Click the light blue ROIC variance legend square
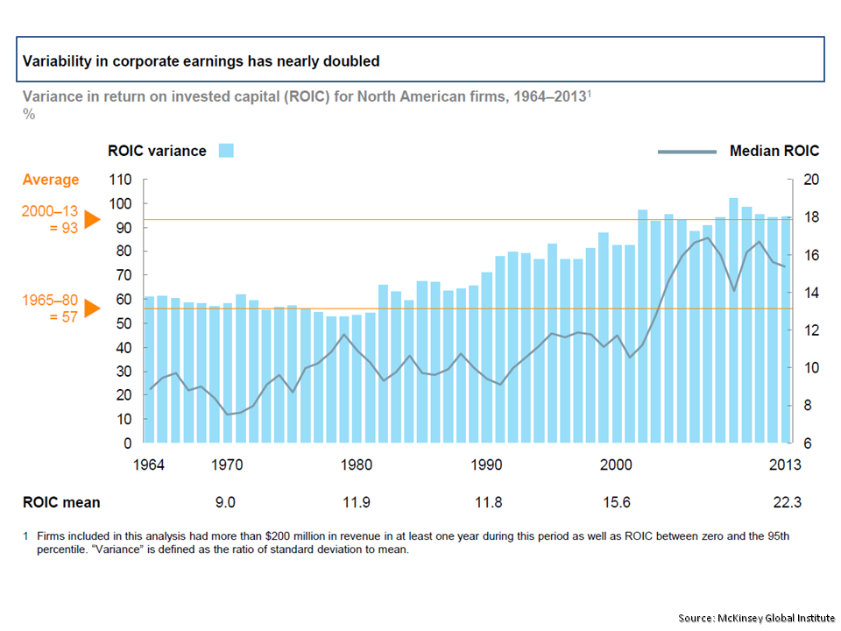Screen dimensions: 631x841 pyautogui.click(x=226, y=151)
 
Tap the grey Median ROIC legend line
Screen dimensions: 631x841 pyautogui.click(x=687, y=152)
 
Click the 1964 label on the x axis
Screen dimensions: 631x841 pyautogui.click(x=151, y=465)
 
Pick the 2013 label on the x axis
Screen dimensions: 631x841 pyautogui.click(x=785, y=465)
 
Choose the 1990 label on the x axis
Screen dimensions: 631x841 pyautogui.click(x=486, y=465)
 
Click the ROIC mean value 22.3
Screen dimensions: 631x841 pyautogui.click(x=785, y=503)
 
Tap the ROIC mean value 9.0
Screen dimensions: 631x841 pyautogui.click(x=226, y=503)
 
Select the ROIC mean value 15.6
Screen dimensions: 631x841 pyautogui.click(x=617, y=503)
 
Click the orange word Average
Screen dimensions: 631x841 pyautogui.click(x=51, y=180)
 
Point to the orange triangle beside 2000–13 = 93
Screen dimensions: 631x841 pyautogui.click(x=92, y=220)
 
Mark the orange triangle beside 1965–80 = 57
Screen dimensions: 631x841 pyautogui.click(x=92, y=308)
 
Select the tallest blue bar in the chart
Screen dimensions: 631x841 pyautogui.click(x=733, y=320)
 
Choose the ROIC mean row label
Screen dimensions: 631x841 pyautogui.click(x=61, y=503)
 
